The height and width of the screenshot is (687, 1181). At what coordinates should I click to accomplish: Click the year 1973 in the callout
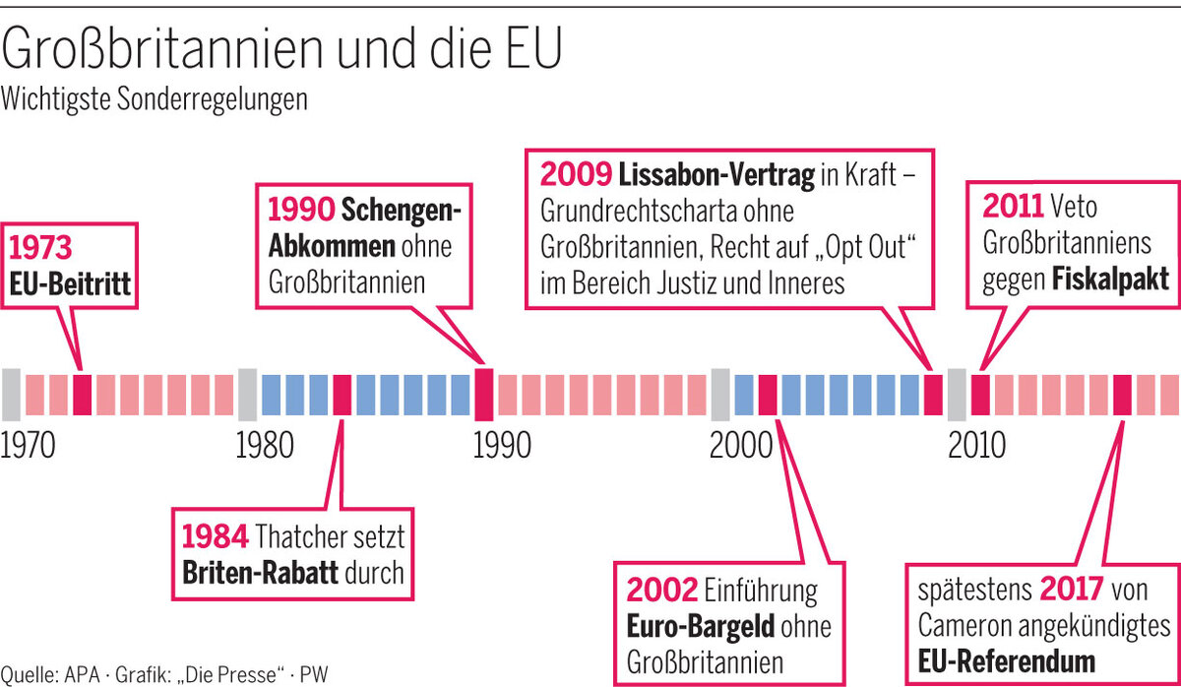click(x=41, y=246)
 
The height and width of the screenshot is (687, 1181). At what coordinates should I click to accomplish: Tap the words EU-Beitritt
click(x=70, y=285)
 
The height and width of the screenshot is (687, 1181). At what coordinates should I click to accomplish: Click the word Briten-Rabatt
click(x=260, y=573)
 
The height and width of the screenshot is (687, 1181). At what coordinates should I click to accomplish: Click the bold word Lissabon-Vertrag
click(x=716, y=177)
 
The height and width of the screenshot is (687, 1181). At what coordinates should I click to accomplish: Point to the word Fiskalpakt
click(x=1111, y=280)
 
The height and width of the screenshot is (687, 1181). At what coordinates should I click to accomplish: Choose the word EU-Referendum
click(x=1007, y=658)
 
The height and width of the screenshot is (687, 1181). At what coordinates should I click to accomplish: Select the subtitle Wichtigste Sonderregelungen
click(x=155, y=99)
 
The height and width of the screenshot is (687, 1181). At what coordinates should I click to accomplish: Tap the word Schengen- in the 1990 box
click(x=402, y=210)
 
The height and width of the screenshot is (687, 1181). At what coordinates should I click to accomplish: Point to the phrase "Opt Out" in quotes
click(x=859, y=248)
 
